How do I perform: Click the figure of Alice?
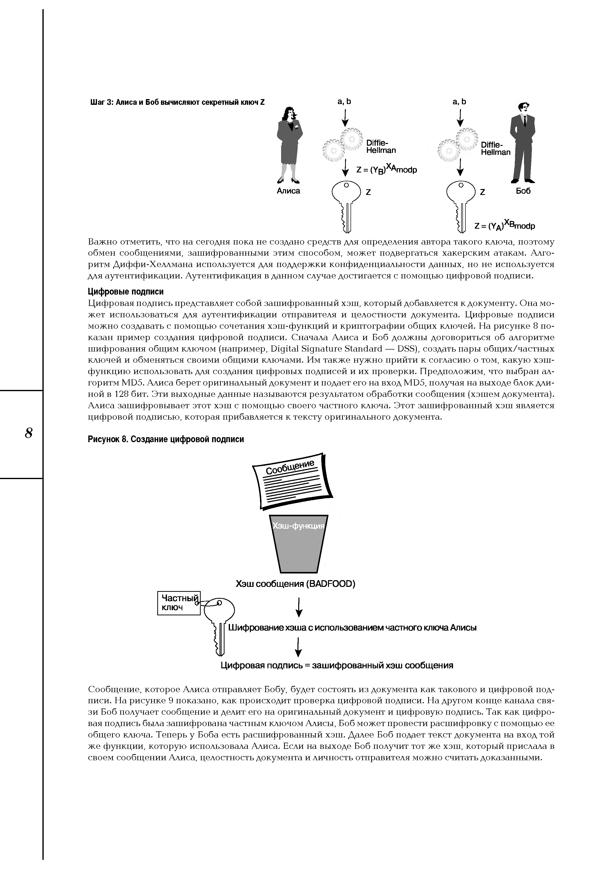290,144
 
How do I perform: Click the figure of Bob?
524,142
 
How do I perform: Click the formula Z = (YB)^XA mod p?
387,169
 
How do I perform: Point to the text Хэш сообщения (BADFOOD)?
295,584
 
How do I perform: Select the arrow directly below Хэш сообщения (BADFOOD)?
299,607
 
